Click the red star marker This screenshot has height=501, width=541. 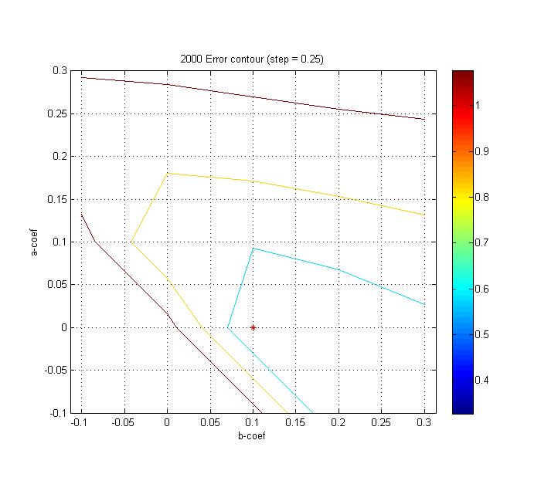click(x=253, y=327)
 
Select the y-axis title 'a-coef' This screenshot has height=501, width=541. click(x=35, y=241)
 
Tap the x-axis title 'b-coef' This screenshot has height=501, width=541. click(x=253, y=436)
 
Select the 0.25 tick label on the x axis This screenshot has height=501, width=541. click(x=382, y=424)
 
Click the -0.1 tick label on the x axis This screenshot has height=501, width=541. click(x=80, y=424)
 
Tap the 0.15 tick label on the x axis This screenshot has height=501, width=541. click(x=296, y=424)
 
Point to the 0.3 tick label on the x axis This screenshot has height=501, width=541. click(x=424, y=424)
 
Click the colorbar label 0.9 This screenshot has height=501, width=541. click(x=482, y=151)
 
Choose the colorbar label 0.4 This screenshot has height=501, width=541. click(x=482, y=380)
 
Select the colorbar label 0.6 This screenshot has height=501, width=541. click(x=482, y=289)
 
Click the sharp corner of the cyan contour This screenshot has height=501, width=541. click(x=253, y=249)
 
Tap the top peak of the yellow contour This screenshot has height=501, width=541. click(x=168, y=173)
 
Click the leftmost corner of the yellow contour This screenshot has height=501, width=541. click(x=131, y=242)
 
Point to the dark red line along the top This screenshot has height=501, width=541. click(x=255, y=96)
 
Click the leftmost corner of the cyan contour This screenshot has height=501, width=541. click(x=227, y=327)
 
